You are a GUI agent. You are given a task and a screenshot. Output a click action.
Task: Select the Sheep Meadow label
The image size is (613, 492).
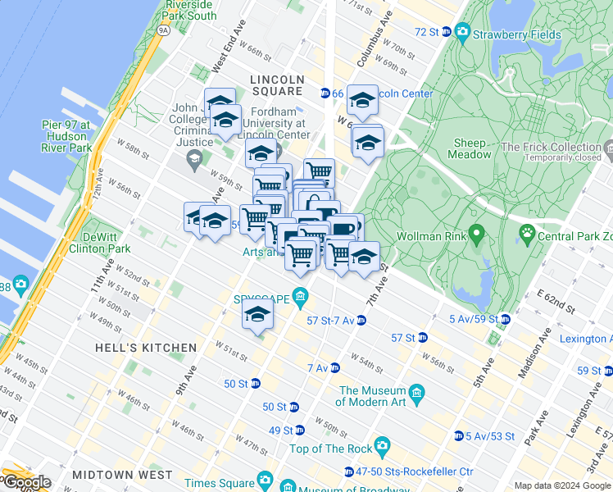(x=470, y=148)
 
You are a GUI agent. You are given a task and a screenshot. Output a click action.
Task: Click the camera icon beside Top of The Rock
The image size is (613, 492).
(x=382, y=447)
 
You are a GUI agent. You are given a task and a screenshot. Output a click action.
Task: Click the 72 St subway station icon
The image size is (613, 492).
(x=446, y=32)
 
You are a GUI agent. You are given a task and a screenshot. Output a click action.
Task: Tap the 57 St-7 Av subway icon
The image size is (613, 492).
(x=361, y=320)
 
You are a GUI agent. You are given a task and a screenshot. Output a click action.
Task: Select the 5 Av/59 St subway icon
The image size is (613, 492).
(x=505, y=319)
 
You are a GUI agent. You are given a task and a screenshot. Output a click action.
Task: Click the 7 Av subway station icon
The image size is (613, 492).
(x=334, y=367)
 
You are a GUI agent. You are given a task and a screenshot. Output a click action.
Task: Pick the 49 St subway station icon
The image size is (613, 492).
(x=300, y=430)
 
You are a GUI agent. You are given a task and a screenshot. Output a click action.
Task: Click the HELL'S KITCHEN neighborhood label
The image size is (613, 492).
(x=145, y=348)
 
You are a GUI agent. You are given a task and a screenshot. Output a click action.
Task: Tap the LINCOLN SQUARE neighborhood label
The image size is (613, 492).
(x=277, y=85)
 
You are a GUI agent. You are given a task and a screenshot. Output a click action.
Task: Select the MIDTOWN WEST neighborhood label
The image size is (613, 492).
(x=122, y=475)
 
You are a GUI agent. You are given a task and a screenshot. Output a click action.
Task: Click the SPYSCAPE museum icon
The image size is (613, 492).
(x=301, y=297)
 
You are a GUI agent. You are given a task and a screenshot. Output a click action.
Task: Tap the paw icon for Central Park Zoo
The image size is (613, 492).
(x=526, y=237)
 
